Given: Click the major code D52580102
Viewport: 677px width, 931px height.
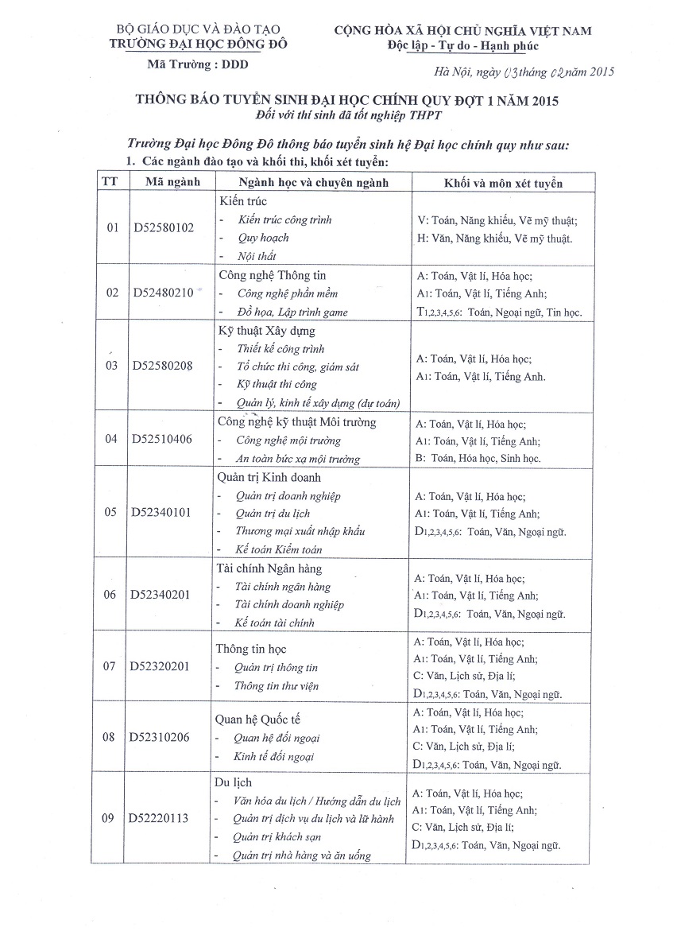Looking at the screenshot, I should (x=163, y=228).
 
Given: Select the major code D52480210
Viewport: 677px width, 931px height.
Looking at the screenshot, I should (x=163, y=293).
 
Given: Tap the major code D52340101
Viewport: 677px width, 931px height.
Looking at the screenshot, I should (x=161, y=512).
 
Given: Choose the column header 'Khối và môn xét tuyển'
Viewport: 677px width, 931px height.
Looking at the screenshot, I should (x=503, y=183).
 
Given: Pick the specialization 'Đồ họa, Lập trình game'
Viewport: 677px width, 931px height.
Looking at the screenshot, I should (x=292, y=312).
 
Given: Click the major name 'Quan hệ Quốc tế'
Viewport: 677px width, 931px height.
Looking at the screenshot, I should (x=257, y=719).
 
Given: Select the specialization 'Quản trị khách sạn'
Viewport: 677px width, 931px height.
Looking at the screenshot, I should (x=277, y=837).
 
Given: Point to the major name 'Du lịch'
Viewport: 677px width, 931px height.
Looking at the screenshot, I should (x=234, y=782).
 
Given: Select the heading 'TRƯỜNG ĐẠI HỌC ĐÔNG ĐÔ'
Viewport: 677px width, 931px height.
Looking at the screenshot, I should (x=199, y=44).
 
